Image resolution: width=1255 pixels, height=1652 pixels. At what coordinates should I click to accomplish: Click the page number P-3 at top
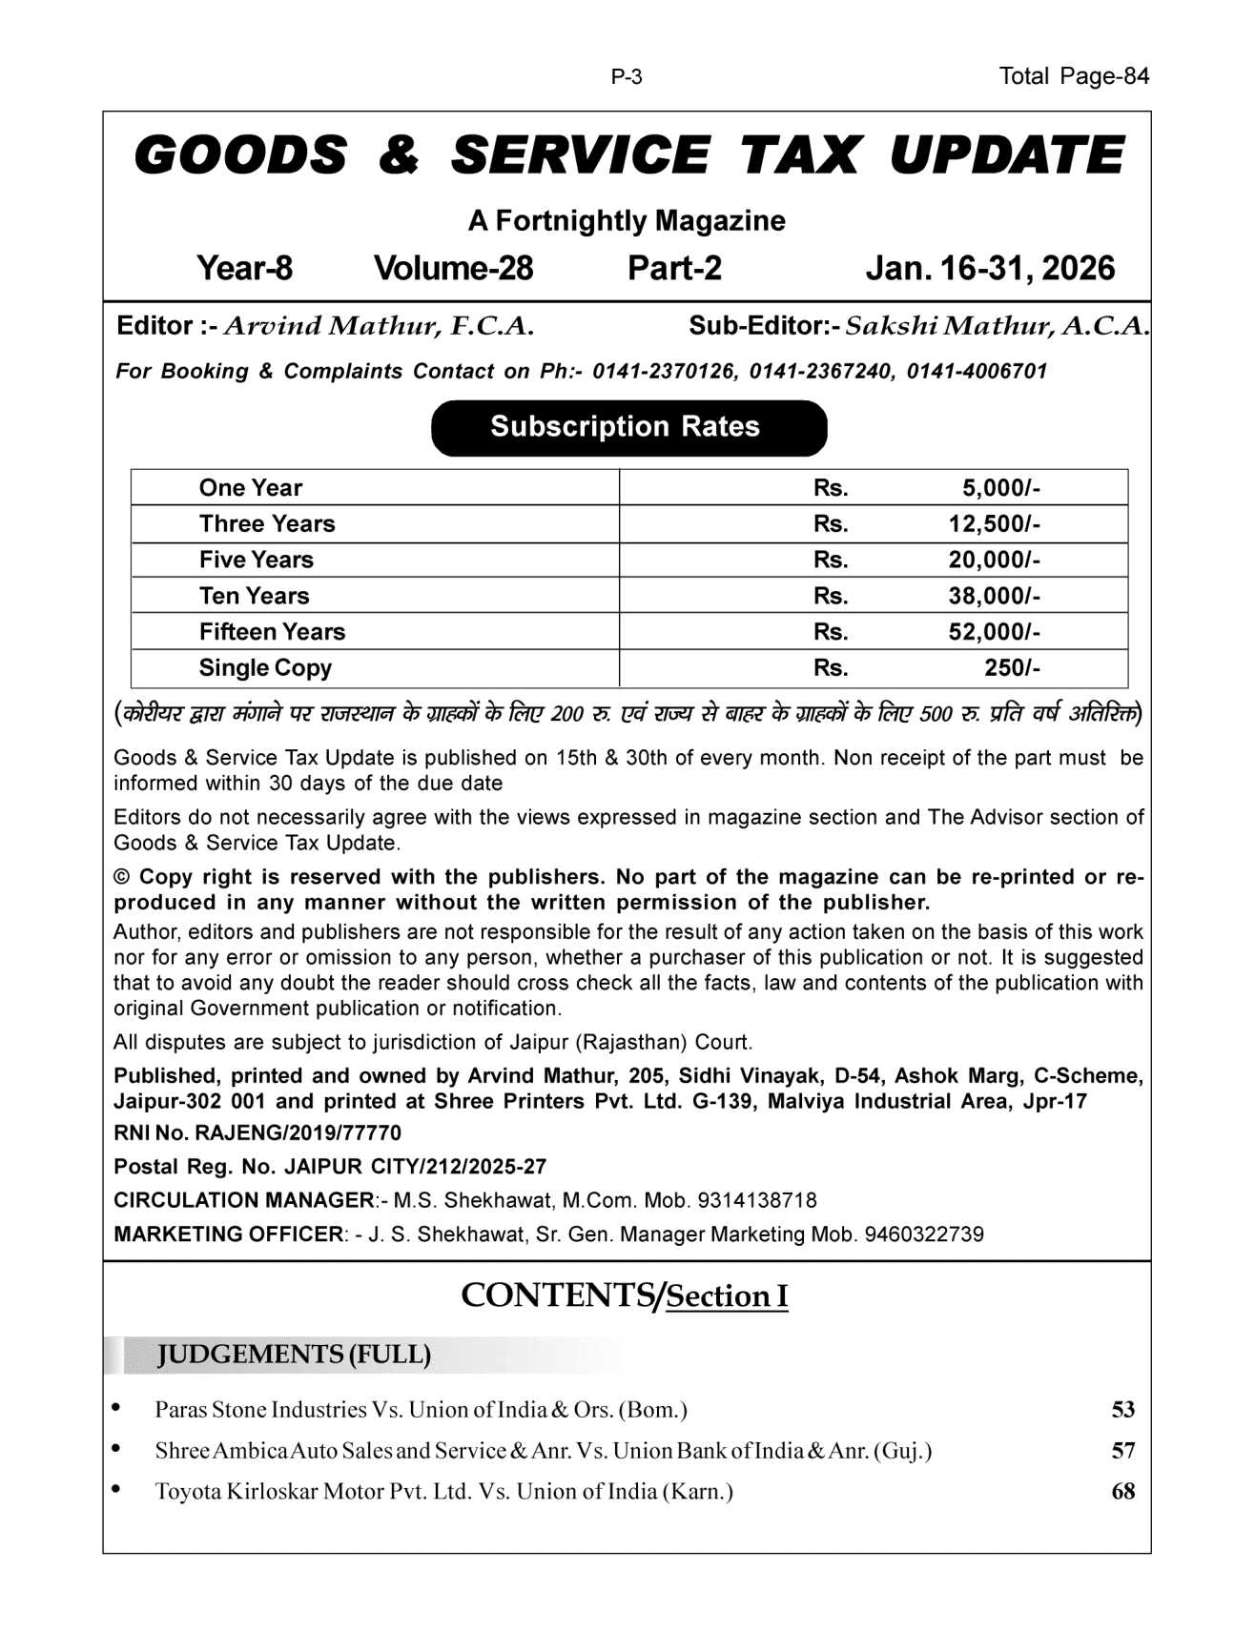[627, 77]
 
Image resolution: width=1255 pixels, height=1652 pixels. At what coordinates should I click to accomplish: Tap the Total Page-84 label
[1074, 76]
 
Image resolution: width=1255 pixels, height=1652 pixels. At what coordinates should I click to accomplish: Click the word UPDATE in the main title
[1006, 156]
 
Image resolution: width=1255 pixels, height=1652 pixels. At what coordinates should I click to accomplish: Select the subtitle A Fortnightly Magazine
[627, 221]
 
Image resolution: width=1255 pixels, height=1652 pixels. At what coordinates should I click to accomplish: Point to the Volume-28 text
[453, 269]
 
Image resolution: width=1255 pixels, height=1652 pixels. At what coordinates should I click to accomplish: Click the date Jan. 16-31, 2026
[990, 269]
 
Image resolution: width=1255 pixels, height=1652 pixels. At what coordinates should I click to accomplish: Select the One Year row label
[250, 488]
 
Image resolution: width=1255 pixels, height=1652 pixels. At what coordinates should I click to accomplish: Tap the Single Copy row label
[265, 668]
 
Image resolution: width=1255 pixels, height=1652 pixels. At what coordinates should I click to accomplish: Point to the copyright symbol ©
[121, 877]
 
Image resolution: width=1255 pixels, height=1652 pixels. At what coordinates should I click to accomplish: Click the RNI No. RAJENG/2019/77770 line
[257, 1133]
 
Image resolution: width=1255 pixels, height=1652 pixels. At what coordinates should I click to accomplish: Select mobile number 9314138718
[757, 1200]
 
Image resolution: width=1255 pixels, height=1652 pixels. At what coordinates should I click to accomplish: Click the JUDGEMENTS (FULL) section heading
[294, 1355]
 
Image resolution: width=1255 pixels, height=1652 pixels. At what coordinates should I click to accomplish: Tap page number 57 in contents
[1123, 1451]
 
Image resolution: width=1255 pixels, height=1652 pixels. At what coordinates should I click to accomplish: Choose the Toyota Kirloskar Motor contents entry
[443, 1492]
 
